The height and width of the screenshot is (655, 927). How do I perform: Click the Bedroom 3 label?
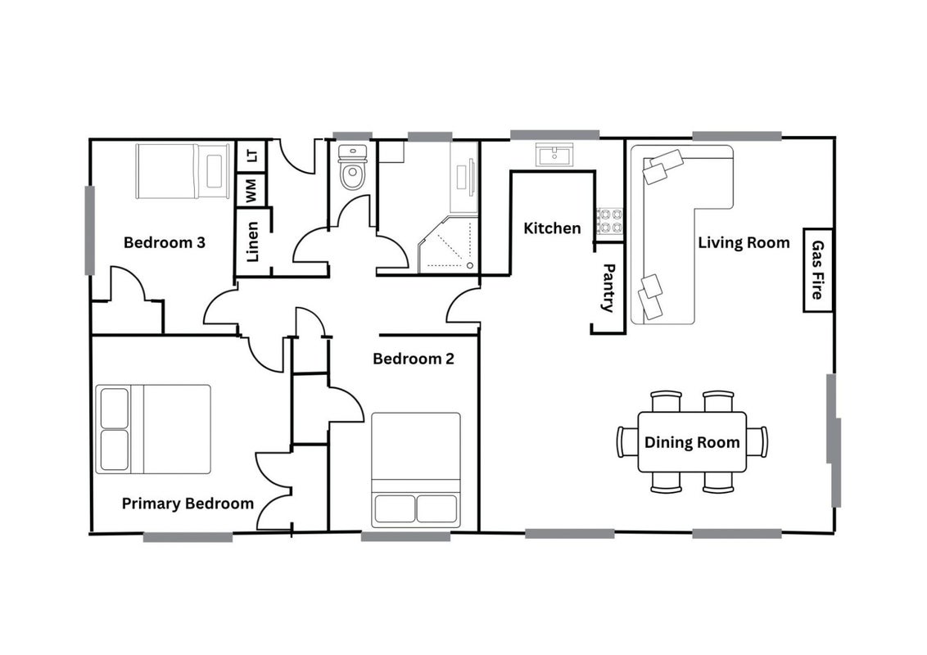click(x=165, y=242)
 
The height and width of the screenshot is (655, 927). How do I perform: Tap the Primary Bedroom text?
click(x=188, y=504)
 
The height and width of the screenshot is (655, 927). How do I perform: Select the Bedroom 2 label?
click(x=414, y=359)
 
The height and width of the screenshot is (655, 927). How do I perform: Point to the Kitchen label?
click(x=552, y=228)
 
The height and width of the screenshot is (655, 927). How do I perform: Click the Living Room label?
click(x=744, y=242)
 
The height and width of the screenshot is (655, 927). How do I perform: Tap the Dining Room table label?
click(x=692, y=442)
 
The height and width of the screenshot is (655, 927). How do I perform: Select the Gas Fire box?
click(x=818, y=269)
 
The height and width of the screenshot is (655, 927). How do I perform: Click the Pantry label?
click(x=608, y=288)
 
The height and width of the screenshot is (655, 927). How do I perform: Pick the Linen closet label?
click(x=252, y=242)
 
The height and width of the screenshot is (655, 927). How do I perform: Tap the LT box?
click(x=252, y=156)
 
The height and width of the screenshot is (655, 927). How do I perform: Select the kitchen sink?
click(x=554, y=155)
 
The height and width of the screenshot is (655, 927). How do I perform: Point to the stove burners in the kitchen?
click(x=609, y=221)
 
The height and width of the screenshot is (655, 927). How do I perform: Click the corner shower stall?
click(x=448, y=245)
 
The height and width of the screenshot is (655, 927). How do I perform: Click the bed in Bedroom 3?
click(x=183, y=171)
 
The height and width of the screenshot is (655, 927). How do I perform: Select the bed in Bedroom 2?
click(x=416, y=470)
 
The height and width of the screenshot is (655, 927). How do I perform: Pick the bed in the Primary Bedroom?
click(x=153, y=429)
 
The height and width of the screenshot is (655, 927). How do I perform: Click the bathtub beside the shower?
click(x=464, y=178)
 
